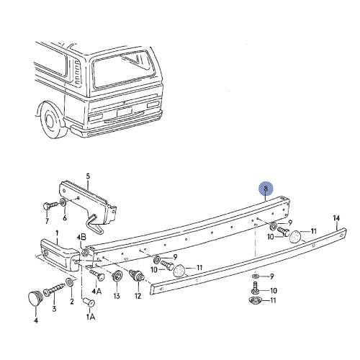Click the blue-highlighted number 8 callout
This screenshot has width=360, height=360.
pos(266,190)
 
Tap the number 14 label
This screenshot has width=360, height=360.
pos(336,218)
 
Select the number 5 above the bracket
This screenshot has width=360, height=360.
pos(88,176)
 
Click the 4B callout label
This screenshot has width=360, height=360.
pos(81,236)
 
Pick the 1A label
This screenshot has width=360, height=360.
pos(90,317)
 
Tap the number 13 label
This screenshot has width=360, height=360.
pos(116,296)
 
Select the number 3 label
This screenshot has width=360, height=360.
pos(53,310)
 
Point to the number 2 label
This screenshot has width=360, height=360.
pos(71,302)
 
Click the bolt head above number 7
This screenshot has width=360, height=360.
pos(47,207)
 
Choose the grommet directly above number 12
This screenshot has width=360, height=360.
pos(136,274)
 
